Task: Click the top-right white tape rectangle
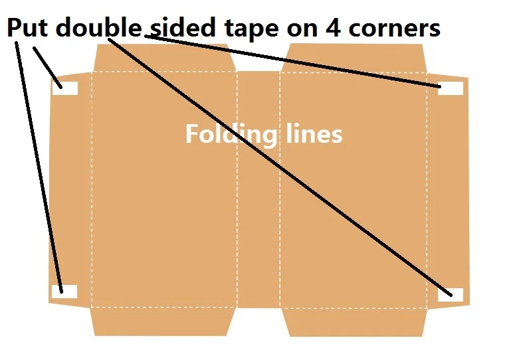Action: point(451,88)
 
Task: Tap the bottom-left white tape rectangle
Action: point(64,291)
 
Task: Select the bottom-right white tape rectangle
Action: point(450,294)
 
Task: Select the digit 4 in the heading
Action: point(333,28)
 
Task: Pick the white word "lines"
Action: point(312,134)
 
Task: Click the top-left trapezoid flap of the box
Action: point(163,57)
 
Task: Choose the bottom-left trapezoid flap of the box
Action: point(163,321)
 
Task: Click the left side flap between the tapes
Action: point(70,189)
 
